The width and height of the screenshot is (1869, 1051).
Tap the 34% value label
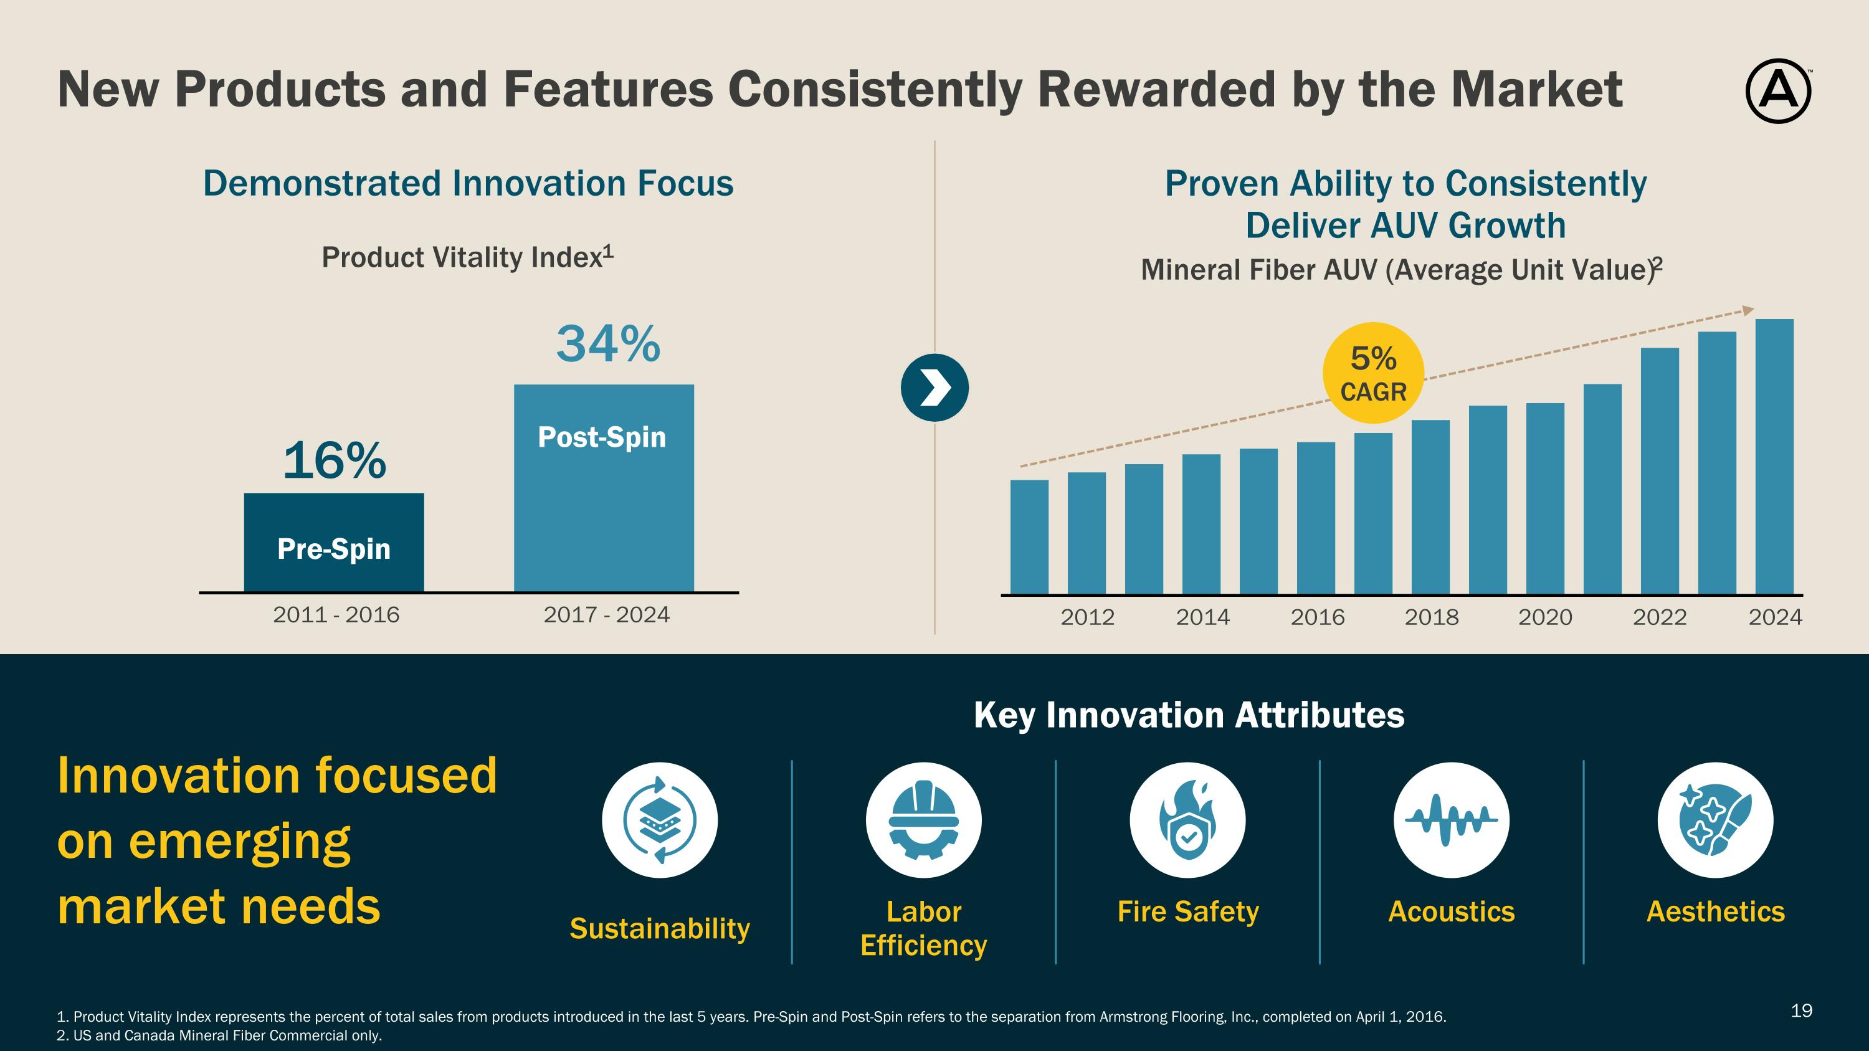click(608, 344)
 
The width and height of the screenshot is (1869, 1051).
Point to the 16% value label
click(335, 460)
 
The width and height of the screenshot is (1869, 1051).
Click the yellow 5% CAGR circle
click(1372, 373)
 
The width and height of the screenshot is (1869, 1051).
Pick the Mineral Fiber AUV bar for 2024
click(1774, 456)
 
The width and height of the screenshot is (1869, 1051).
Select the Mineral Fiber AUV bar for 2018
click(1430, 507)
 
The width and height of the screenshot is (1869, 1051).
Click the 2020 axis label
click(1544, 617)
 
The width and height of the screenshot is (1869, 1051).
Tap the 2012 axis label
click(1087, 617)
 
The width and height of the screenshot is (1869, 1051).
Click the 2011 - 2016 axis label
click(336, 615)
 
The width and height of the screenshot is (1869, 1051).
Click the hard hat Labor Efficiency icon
click(923, 820)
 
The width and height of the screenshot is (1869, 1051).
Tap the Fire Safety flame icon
click(1187, 820)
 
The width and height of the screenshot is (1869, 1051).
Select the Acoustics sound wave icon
click(1451, 820)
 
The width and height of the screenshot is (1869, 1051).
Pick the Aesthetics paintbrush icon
click(1715, 820)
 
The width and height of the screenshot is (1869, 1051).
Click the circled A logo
click(1777, 92)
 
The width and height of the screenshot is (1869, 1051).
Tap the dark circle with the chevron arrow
click(934, 388)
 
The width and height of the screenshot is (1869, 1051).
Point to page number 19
click(1802, 1011)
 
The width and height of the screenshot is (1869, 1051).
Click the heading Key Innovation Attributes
click(1189, 715)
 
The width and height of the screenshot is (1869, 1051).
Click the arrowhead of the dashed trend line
click(1749, 310)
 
